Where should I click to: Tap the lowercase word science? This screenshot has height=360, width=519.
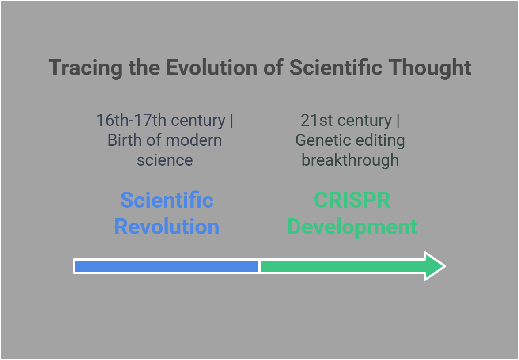tap(165, 160)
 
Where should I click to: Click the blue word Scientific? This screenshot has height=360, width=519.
tap(167, 200)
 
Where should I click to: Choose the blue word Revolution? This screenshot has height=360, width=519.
tap(167, 227)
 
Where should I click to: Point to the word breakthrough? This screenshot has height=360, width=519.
tap(350, 160)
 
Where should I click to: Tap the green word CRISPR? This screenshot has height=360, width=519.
tap(352, 200)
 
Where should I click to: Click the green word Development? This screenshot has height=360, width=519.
tap(352, 227)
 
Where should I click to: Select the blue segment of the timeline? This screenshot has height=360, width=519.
tap(166, 266)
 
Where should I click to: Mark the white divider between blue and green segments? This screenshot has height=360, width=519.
tap(259, 266)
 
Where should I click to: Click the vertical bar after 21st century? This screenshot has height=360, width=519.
tap(398, 121)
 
